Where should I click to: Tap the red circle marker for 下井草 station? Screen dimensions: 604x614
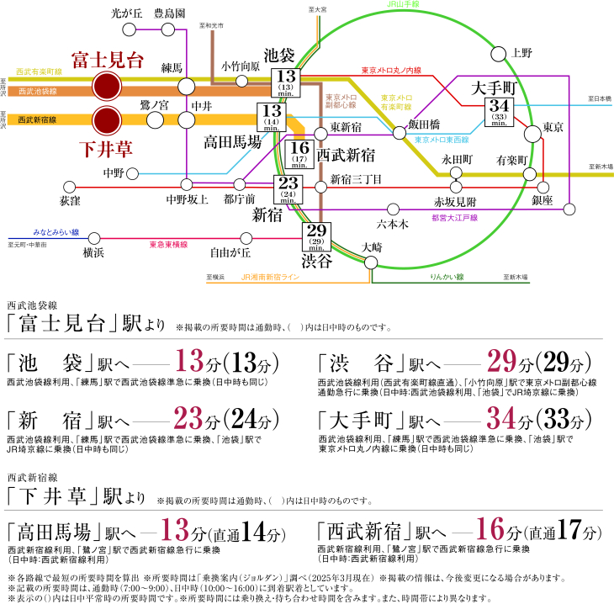(x=107, y=119)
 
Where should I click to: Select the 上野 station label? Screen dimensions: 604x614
(x=521, y=53)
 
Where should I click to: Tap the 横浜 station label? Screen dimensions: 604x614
(x=93, y=252)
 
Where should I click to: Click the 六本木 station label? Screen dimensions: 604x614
(x=392, y=225)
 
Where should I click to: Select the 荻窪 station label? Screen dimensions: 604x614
(x=71, y=202)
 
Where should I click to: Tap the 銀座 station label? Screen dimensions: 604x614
(x=543, y=200)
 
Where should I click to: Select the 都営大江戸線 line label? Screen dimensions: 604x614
(x=454, y=218)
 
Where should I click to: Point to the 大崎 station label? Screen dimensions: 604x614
(x=371, y=247)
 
